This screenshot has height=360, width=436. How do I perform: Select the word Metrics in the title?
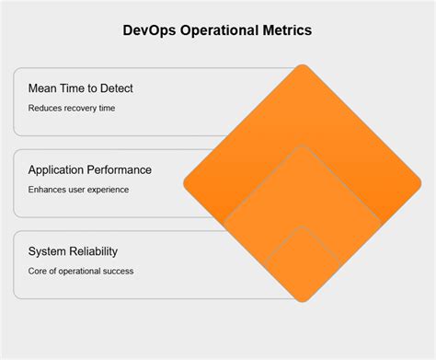click(x=287, y=30)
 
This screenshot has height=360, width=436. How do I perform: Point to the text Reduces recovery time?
click(x=73, y=108)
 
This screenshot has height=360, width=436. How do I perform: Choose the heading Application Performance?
click(x=90, y=170)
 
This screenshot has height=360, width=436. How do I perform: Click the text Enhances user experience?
click(x=78, y=189)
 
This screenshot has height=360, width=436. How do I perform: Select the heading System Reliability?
click(x=73, y=251)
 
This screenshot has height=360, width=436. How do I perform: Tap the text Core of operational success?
click(x=81, y=270)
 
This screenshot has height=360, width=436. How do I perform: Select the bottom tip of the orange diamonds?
click(x=302, y=300)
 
